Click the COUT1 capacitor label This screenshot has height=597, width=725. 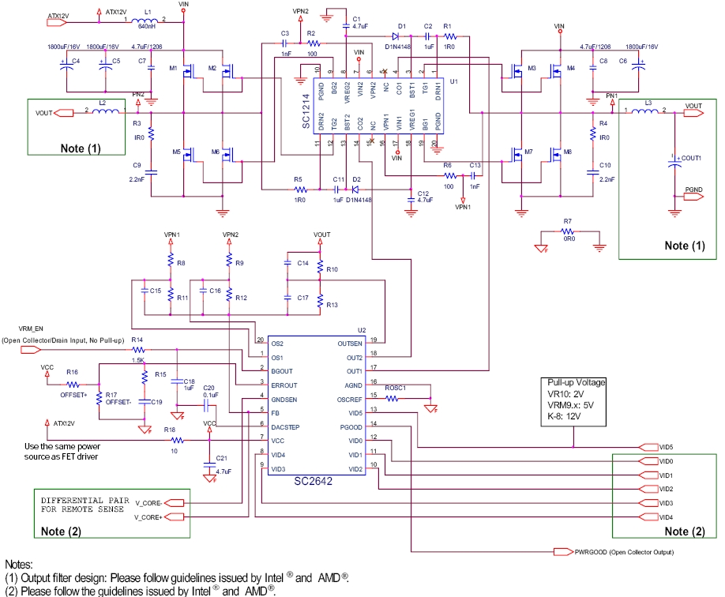pyautogui.click(x=693, y=158)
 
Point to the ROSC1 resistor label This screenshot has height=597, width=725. pyautogui.click(x=395, y=389)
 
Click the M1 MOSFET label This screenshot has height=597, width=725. pyautogui.click(x=174, y=69)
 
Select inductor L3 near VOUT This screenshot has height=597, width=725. pyautogui.click(x=648, y=111)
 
